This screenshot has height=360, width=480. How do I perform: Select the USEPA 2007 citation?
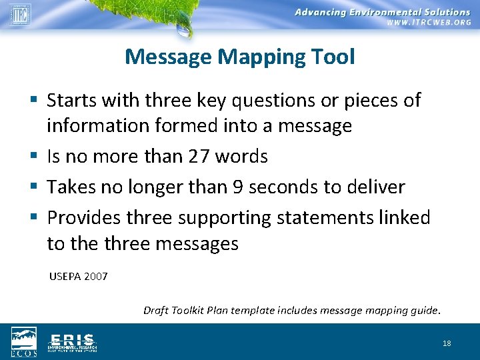click(x=78, y=275)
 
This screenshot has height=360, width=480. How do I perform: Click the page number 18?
click(x=447, y=343)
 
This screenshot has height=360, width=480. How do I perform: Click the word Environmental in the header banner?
click(x=387, y=12)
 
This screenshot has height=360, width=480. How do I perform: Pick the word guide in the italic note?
click(x=423, y=310)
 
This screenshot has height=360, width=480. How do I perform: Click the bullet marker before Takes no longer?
click(x=33, y=187)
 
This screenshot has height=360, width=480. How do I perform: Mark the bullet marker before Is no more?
click(x=33, y=157)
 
